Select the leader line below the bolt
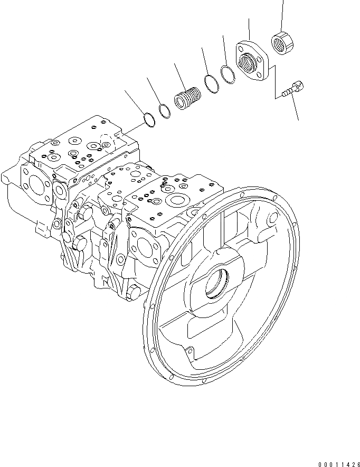point(296,108)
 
